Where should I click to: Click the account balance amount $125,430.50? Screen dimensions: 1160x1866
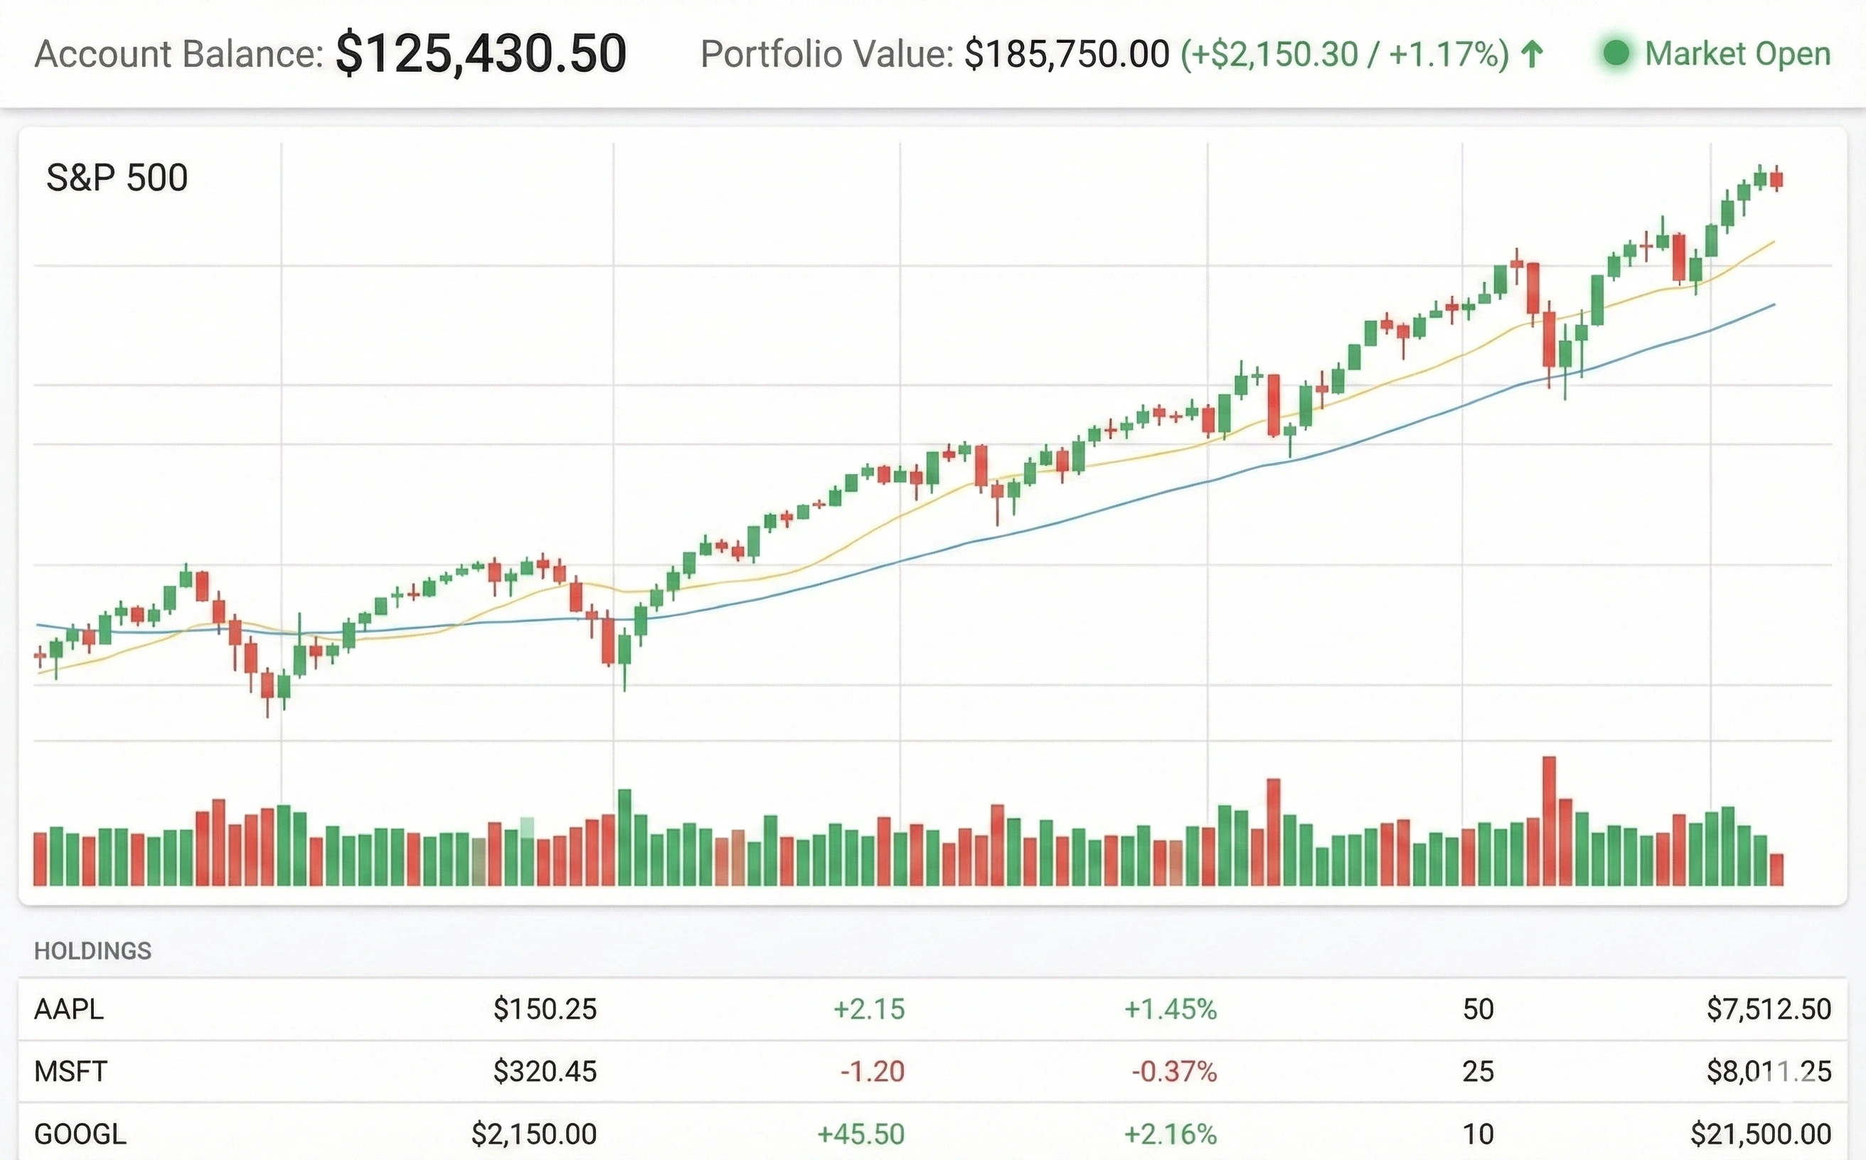pyautogui.click(x=481, y=54)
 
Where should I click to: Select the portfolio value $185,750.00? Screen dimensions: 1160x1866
pyautogui.click(x=1066, y=54)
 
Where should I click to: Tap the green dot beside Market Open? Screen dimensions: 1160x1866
pyautogui.click(x=1616, y=54)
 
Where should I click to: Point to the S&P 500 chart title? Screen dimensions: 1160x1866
pyautogui.click(x=117, y=178)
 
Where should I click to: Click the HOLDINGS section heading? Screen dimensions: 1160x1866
pyautogui.click(x=93, y=950)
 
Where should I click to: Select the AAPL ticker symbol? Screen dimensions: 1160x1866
pyautogui.click(x=69, y=1009)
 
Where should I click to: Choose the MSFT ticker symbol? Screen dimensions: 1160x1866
pyautogui.click(x=70, y=1071)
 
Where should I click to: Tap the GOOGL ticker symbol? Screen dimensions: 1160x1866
pyautogui.click(x=80, y=1133)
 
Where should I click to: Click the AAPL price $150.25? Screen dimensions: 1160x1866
pyautogui.click(x=544, y=1009)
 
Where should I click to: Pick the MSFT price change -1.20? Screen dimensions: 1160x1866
pyautogui.click(x=872, y=1071)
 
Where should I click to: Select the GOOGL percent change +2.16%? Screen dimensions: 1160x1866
pyautogui.click(x=1170, y=1133)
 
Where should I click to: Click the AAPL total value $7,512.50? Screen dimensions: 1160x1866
pyautogui.click(x=1769, y=1009)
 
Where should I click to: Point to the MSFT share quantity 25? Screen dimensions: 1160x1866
pyautogui.click(x=1478, y=1071)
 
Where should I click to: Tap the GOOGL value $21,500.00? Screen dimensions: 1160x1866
pyautogui.click(x=1761, y=1133)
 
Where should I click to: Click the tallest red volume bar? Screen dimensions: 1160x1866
pyautogui.click(x=1549, y=821)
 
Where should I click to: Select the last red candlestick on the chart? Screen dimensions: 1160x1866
pyautogui.click(x=1776, y=180)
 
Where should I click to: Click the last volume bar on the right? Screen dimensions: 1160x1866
pyautogui.click(x=1776, y=869)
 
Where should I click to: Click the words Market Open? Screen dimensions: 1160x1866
pyautogui.click(x=1738, y=54)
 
